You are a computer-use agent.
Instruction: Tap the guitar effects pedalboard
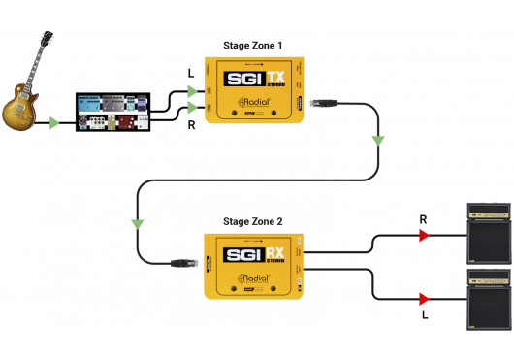pyautogui.click(x=114, y=113)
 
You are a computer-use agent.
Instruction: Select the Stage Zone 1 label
pyautogui.click(x=254, y=45)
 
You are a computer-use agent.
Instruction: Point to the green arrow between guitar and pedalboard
pyautogui.click(x=52, y=122)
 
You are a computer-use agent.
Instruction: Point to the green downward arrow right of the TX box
pyautogui.click(x=377, y=142)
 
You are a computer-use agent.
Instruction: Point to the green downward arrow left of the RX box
pyautogui.click(x=138, y=224)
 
